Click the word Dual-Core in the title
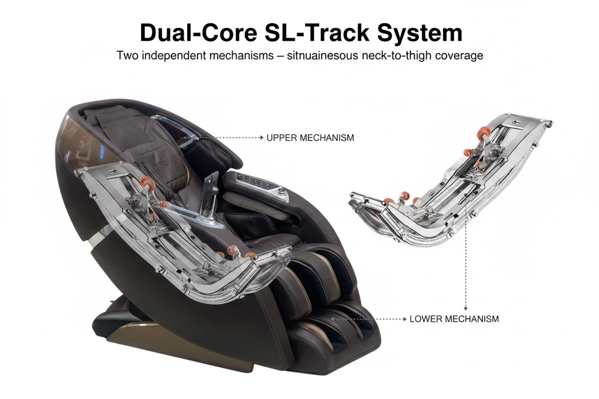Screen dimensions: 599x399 tap(199, 33)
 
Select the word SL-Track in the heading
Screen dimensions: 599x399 tap(316, 33)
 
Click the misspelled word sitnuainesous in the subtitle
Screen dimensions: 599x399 tap(322, 55)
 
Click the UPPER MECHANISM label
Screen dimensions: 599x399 tap(310, 138)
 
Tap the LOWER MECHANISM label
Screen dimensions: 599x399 tap(454, 319)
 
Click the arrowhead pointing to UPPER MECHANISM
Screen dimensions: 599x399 tap(262, 138)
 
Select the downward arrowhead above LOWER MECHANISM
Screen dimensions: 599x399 tap(466, 309)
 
